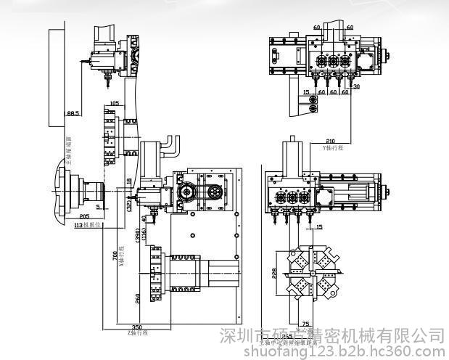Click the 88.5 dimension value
73,114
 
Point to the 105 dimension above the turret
114,103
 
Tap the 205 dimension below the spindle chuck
85,216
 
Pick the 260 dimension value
139,298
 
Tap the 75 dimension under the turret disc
305,324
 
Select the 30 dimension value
356,86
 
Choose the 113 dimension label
81,225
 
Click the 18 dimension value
130,180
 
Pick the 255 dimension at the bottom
288,336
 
